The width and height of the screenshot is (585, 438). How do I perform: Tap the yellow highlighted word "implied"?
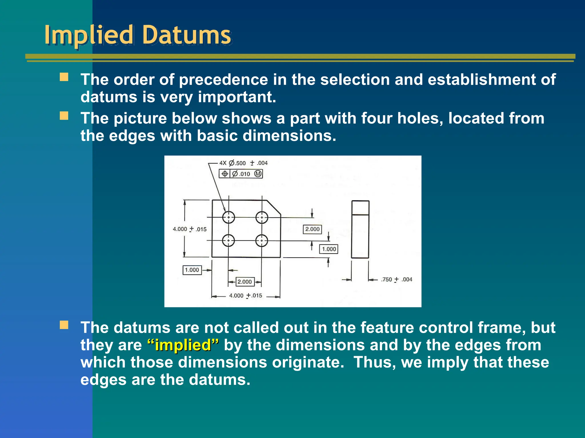(183, 345)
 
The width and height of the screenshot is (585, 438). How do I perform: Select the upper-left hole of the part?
(229, 217)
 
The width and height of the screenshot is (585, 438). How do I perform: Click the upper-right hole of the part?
(262, 217)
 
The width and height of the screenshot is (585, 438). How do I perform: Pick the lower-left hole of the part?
(229, 240)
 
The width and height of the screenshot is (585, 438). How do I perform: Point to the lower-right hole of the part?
(262, 240)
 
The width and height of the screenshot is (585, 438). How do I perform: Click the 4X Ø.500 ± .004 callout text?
(243, 163)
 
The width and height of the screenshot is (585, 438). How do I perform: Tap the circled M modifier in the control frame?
(258, 174)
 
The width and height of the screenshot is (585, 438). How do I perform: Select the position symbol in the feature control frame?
(225, 174)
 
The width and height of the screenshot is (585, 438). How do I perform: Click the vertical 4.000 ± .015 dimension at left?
(189, 229)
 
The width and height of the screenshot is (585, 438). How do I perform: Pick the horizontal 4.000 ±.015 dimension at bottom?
(245, 295)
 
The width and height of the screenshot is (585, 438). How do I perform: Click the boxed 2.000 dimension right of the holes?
(312, 229)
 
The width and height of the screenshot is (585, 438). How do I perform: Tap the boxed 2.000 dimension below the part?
(245, 282)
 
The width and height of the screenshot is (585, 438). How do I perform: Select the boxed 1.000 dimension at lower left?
(192, 270)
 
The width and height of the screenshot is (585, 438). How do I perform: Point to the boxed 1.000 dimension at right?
(329, 249)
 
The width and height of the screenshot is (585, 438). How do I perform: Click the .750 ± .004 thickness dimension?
(396, 279)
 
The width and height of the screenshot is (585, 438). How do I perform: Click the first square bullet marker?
(64, 77)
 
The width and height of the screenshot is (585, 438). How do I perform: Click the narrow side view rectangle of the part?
(360, 230)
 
